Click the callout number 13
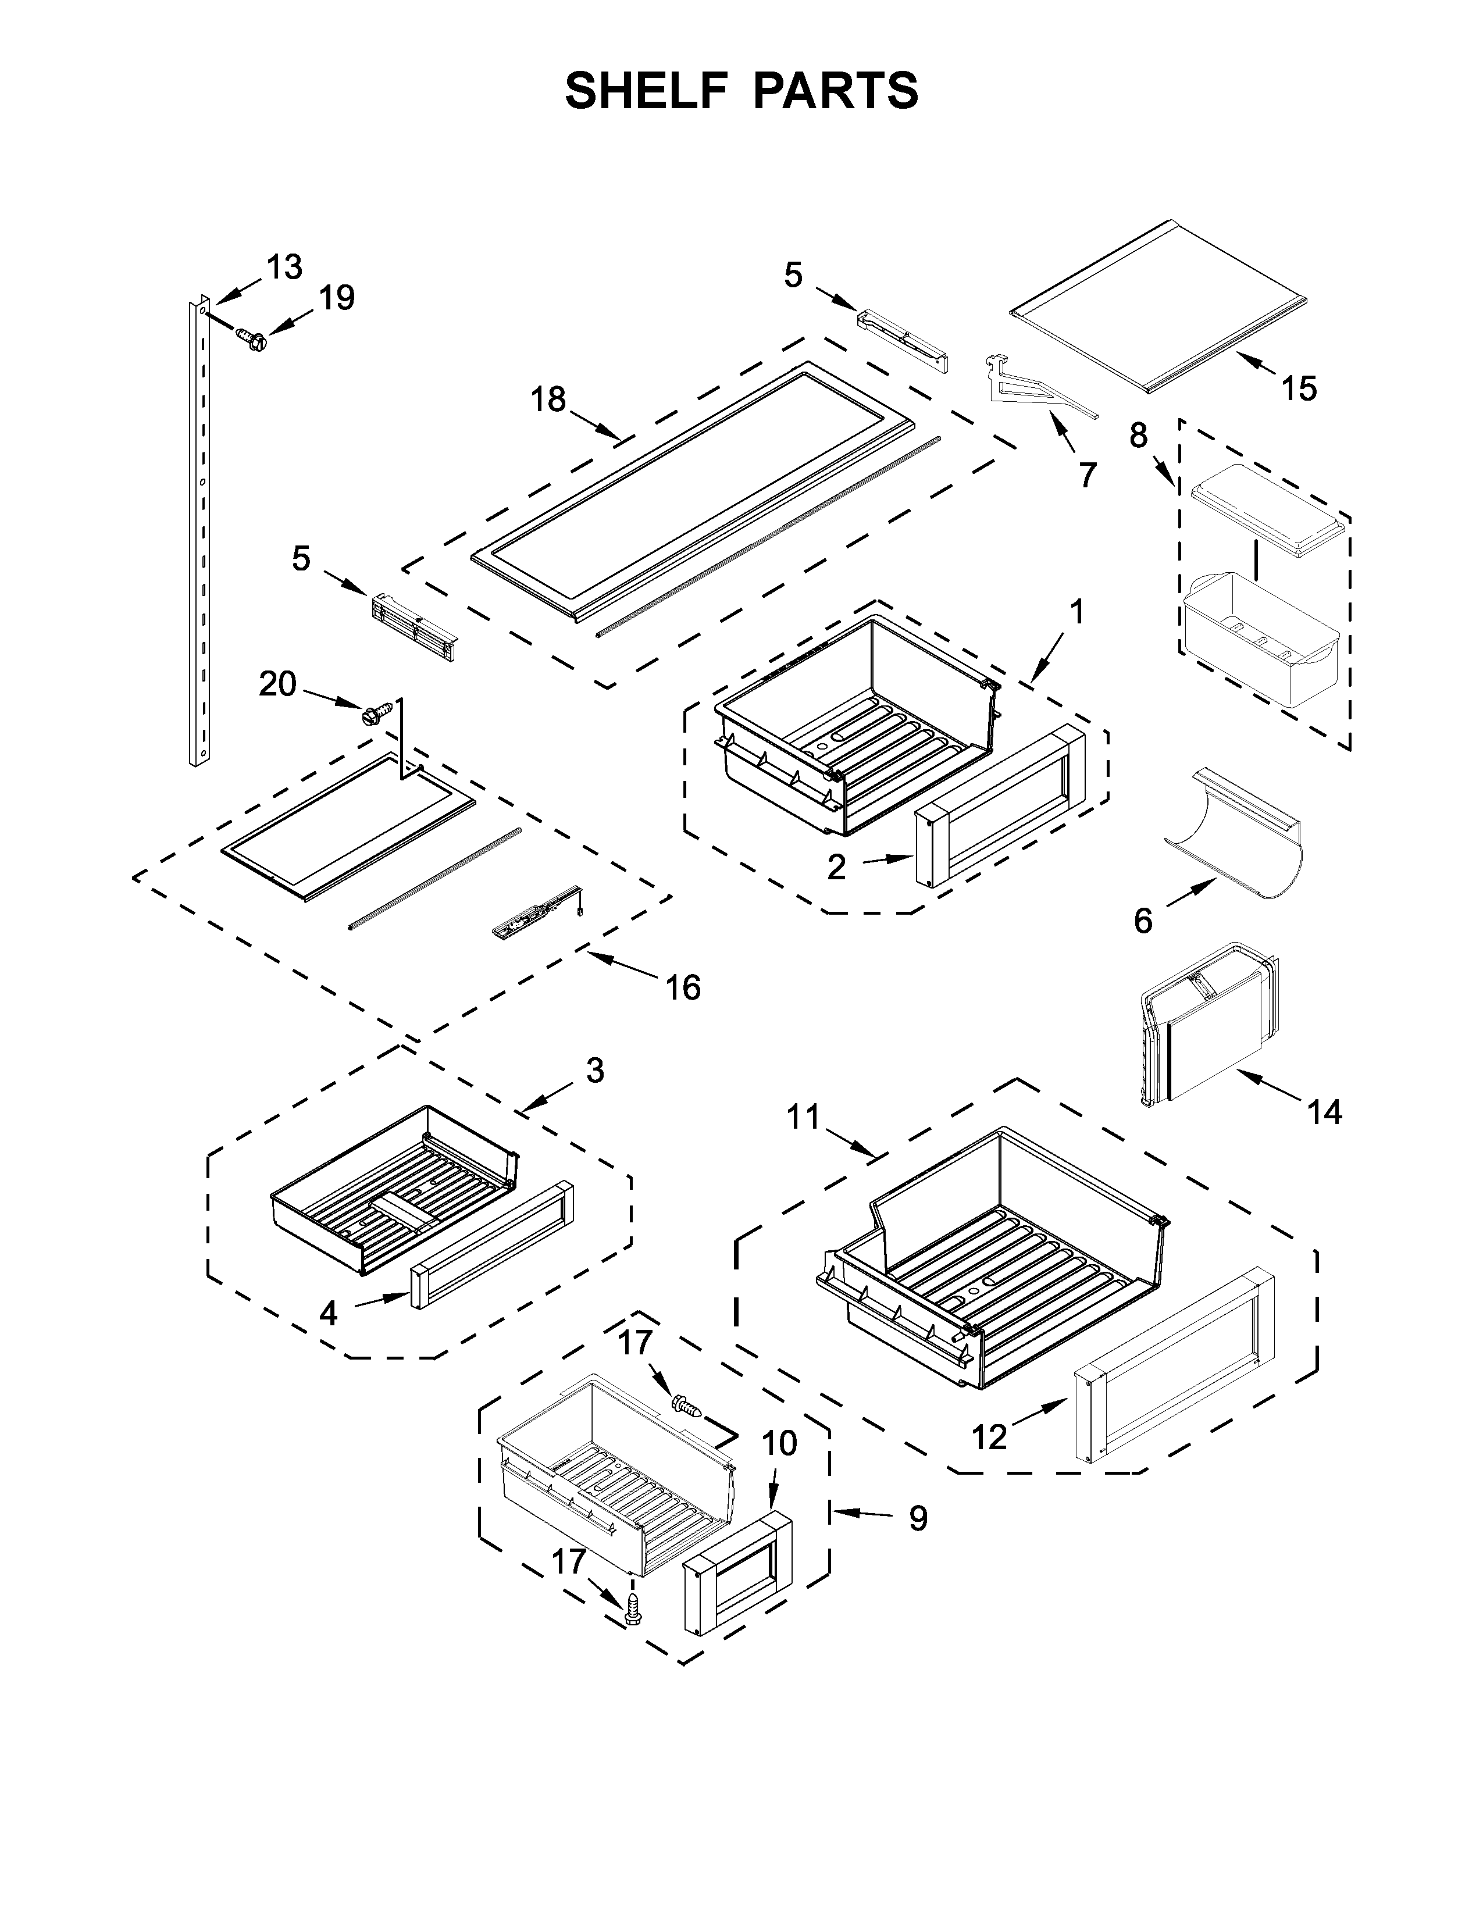point(284,266)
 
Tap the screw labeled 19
point(252,339)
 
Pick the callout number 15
point(1299,388)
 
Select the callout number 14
point(1324,1112)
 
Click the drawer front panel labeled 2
point(1001,804)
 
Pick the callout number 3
point(595,1071)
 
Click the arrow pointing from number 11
point(852,1142)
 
